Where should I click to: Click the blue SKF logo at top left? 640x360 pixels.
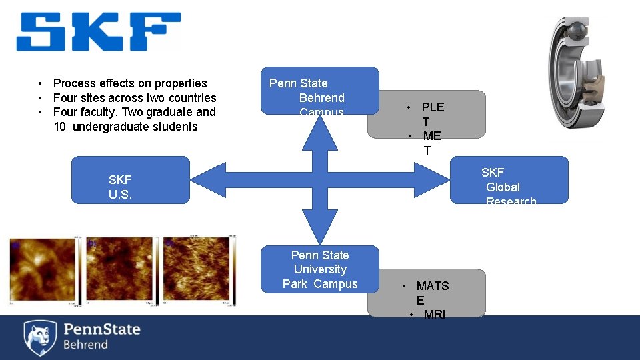[99, 32]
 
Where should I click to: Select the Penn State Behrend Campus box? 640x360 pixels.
[319, 91]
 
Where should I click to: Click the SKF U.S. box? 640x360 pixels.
[130, 180]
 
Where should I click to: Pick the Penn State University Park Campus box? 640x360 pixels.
[319, 269]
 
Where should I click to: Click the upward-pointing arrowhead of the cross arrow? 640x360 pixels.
[321, 132]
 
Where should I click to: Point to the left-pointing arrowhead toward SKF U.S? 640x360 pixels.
[208, 179]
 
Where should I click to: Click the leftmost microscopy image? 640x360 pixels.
[43, 269]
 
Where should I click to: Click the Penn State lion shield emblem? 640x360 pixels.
[40, 337]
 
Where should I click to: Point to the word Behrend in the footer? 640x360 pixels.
[85, 345]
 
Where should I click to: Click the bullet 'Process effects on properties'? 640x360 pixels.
[130, 83]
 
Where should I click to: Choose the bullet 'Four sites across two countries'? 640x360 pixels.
[135, 98]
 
